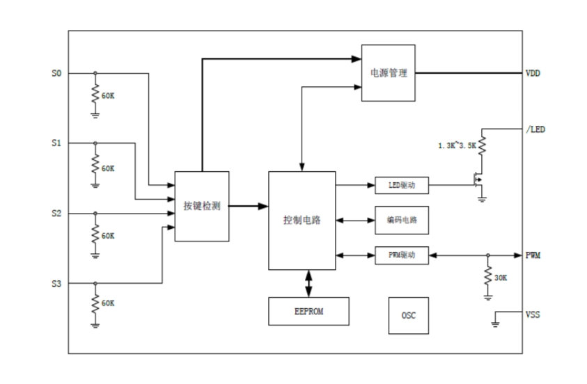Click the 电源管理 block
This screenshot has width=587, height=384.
pyautogui.click(x=388, y=72)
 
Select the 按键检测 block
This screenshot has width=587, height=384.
pyautogui.click(x=201, y=206)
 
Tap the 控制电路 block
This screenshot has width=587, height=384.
pyautogui.click(x=302, y=220)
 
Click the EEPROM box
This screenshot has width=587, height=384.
pyautogui.click(x=308, y=311)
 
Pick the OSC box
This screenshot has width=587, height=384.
pyautogui.click(x=408, y=315)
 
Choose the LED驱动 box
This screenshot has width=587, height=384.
pyautogui.click(x=401, y=185)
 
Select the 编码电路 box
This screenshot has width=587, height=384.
pyautogui.click(x=401, y=220)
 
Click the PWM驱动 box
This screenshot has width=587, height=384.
pyautogui.click(x=401, y=255)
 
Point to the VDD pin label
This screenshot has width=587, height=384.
pyautogui.click(x=533, y=73)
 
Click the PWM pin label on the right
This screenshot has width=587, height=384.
pyautogui.click(x=534, y=255)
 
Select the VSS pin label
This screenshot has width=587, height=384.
pyautogui.click(x=533, y=314)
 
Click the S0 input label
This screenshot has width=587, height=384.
pyautogui.click(x=56, y=72)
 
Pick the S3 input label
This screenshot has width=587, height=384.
pyautogui.click(x=56, y=283)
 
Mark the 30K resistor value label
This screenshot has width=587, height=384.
pyautogui.click(x=501, y=279)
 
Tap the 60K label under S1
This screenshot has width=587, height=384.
pyautogui.click(x=108, y=168)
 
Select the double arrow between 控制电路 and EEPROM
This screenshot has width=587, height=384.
pyautogui.click(x=308, y=283)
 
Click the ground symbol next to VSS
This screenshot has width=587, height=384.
pyautogui.click(x=495, y=321)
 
